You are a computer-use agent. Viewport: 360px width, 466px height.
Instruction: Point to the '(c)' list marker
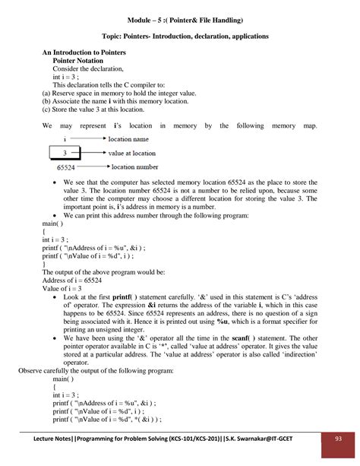(x=46, y=109)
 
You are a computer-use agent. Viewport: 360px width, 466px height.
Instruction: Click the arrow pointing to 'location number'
(x=90, y=166)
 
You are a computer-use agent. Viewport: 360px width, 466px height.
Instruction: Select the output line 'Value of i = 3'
(x=64, y=289)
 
